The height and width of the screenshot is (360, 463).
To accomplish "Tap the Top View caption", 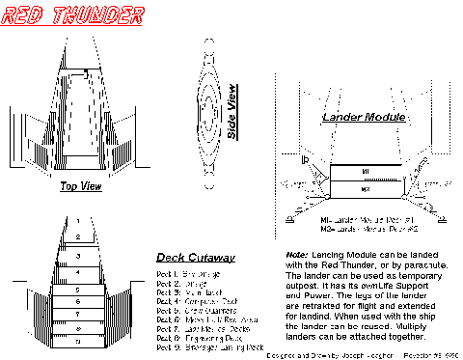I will [81, 187].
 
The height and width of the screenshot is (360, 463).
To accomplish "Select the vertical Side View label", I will [232, 119].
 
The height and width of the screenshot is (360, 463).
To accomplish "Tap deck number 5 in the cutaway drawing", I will [79, 289].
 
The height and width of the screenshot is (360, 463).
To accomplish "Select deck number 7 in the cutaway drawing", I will [79, 315].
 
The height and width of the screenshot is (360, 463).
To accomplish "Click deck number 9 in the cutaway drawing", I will [79, 341].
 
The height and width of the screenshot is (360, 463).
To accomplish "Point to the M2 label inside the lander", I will [365, 190].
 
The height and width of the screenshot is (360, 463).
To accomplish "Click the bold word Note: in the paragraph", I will [297, 255].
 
